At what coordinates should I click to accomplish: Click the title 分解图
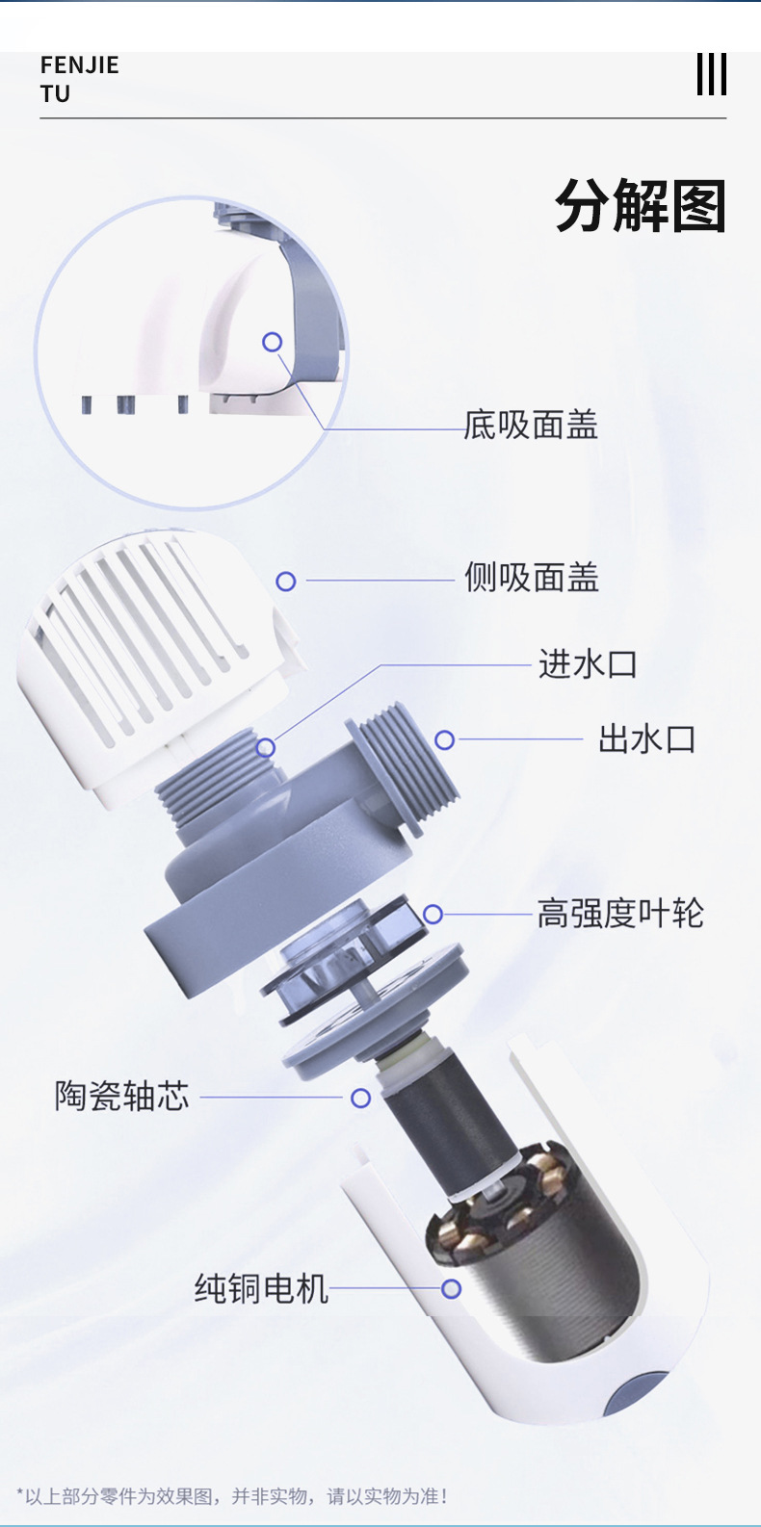point(640,206)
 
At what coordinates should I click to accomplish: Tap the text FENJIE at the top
point(80,65)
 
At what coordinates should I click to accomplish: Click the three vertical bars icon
point(711,74)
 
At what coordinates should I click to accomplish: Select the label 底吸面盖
point(531,425)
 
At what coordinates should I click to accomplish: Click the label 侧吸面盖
point(532,578)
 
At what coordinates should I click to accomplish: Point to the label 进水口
point(588,664)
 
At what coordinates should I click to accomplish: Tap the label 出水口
point(646,739)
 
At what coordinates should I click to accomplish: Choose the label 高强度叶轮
point(620,913)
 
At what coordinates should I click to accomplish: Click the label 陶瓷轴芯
point(122,1096)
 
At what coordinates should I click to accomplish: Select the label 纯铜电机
point(261,1288)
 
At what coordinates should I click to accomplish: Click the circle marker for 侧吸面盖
point(286,581)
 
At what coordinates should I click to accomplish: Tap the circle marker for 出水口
point(444,739)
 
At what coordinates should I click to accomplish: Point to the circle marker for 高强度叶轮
point(433,914)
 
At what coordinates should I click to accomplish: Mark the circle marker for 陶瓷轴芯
point(360,1098)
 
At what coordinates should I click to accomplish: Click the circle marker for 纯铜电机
point(451,1288)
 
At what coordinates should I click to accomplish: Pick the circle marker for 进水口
point(266,747)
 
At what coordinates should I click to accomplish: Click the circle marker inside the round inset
point(273,342)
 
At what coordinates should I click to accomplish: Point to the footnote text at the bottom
point(232,1496)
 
